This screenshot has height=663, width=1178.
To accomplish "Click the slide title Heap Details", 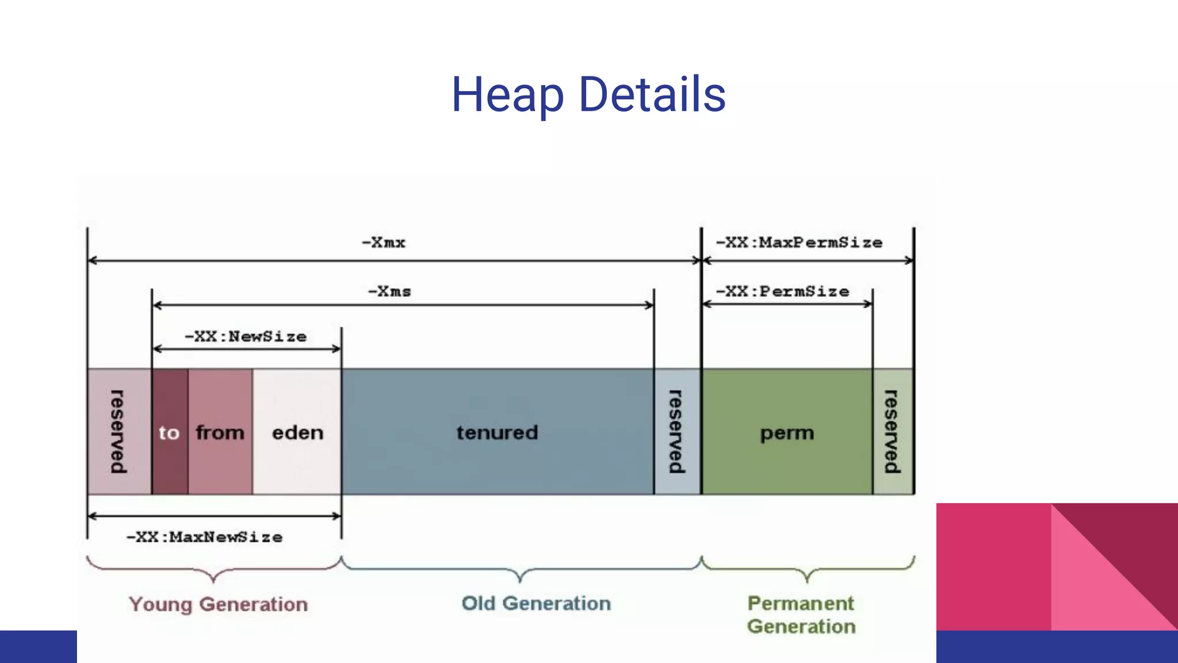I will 588,95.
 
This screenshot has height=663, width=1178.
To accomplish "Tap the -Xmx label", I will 384,242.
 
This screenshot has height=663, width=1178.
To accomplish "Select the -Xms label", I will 389,291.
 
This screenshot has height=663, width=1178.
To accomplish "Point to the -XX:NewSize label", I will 246,336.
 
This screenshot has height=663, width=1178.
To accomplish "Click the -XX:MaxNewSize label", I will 204,537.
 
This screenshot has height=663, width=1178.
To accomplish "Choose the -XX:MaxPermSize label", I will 799,242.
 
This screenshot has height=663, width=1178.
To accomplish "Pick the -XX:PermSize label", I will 782,291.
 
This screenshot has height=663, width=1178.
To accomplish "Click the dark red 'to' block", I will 170,432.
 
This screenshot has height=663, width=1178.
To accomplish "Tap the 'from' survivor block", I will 220,432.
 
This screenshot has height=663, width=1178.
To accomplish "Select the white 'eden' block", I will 297,432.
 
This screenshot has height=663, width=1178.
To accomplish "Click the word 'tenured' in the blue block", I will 497,432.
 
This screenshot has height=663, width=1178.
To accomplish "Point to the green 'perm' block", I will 787,432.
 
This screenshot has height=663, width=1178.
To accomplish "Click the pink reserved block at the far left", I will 118,432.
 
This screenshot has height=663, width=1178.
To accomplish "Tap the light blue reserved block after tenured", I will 677,432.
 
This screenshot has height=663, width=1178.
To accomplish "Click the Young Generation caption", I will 218,604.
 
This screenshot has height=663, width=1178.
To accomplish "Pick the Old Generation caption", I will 536,603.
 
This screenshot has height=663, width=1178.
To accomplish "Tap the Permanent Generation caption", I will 801,615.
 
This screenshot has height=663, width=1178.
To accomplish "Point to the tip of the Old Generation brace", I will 521,580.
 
